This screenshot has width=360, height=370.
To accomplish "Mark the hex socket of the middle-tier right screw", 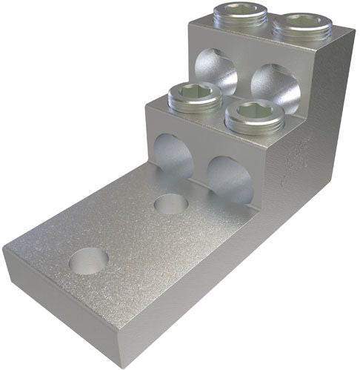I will coord(255,110).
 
